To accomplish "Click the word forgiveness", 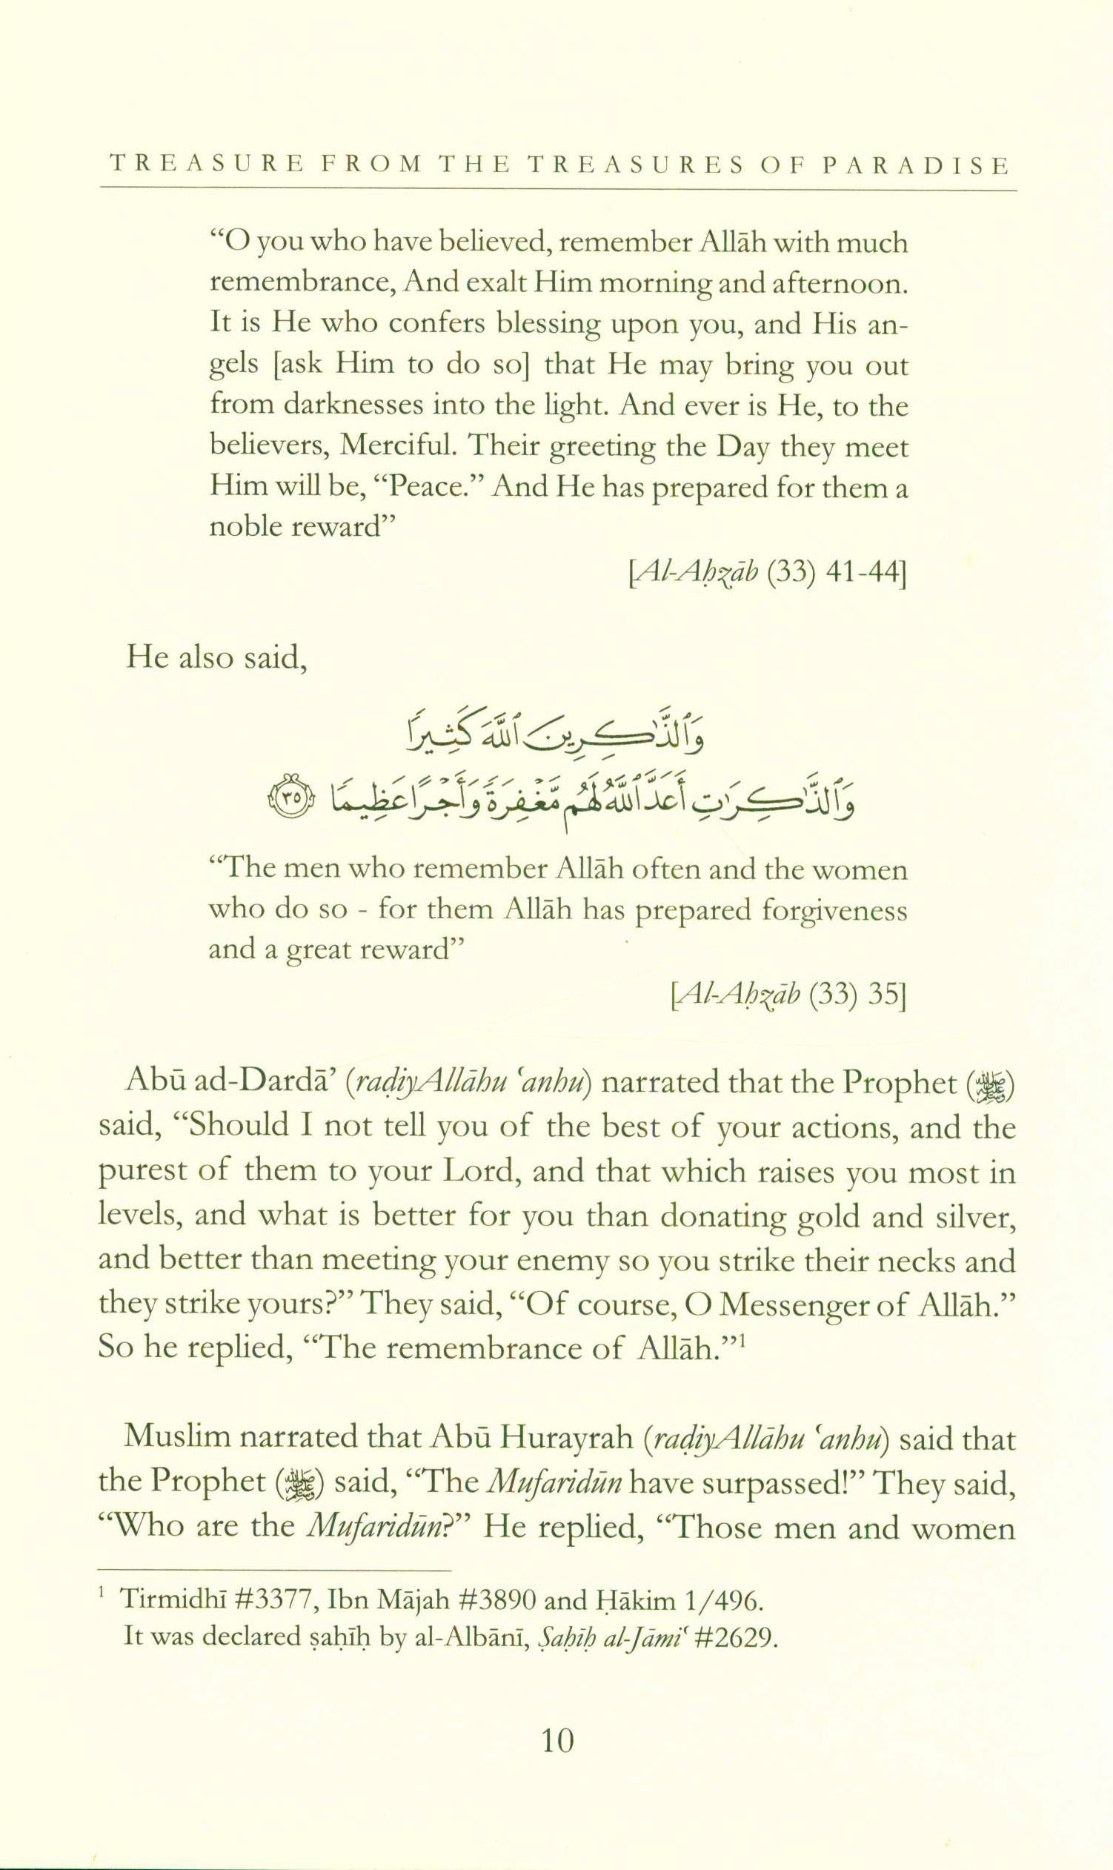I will (834, 910).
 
